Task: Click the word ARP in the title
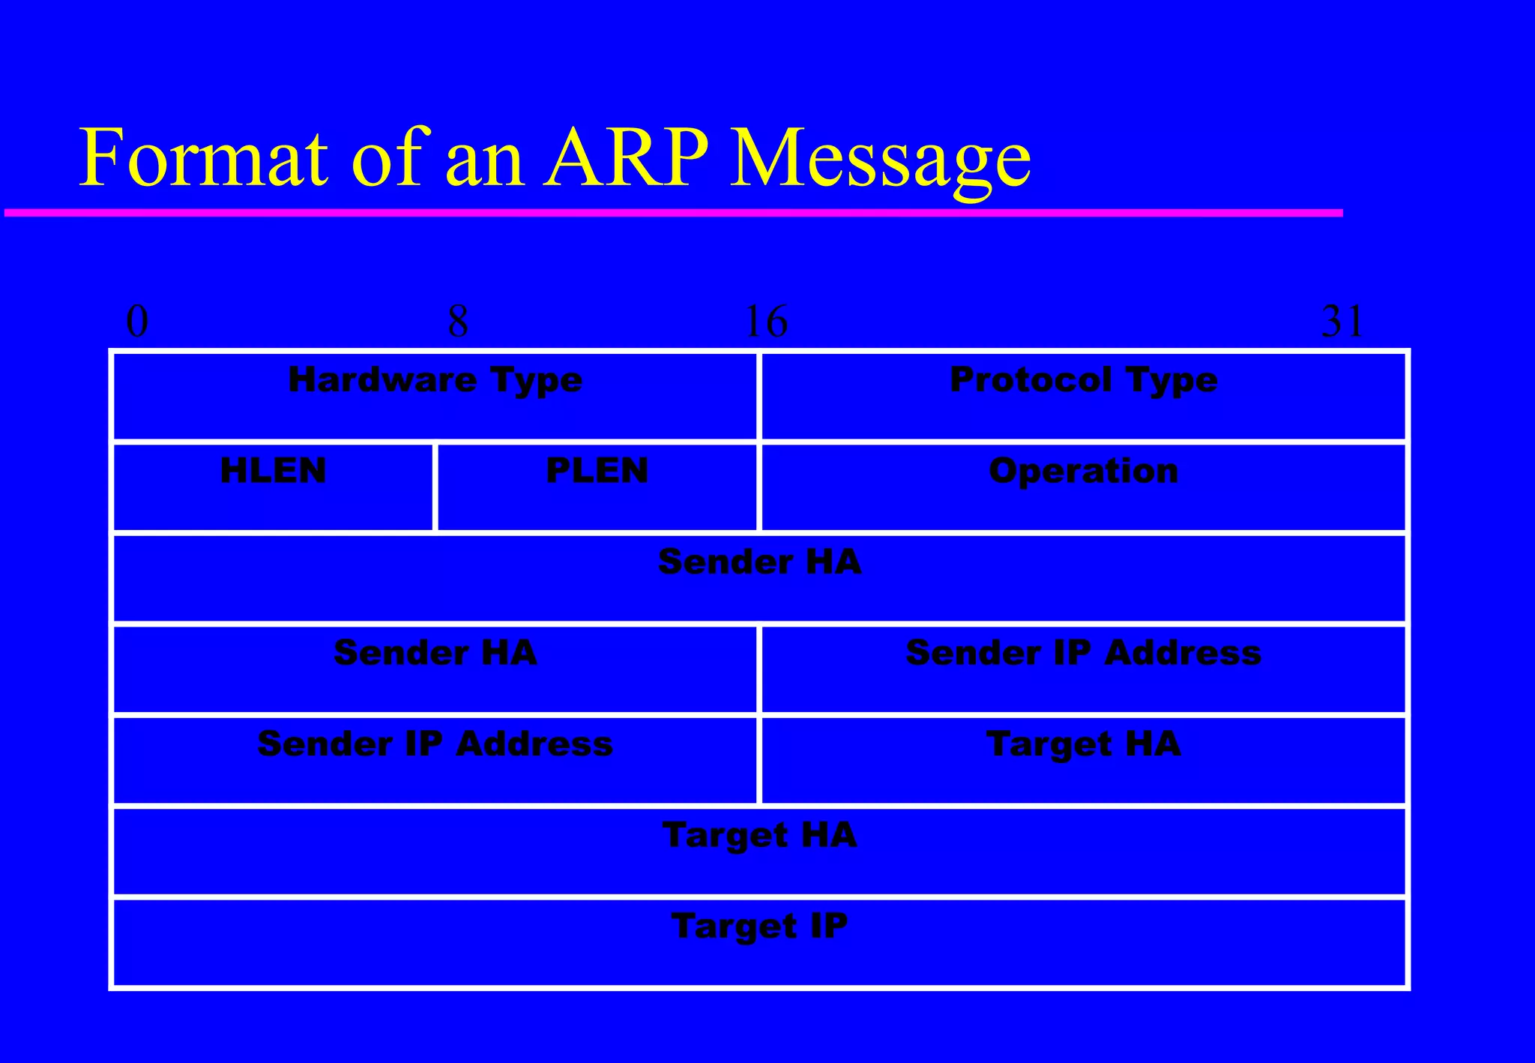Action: coord(627,158)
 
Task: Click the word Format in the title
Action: coord(202,158)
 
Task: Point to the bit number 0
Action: coord(137,322)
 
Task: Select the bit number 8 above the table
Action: coord(458,322)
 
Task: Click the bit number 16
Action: coord(766,322)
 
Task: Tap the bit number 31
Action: coord(1342,322)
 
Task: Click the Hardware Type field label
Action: coord(435,380)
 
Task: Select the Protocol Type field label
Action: coord(1083,380)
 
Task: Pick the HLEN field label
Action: coord(273,471)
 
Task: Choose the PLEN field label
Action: coord(597,471)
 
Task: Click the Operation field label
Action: coord(1083,472)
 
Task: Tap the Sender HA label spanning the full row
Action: coord(759,562)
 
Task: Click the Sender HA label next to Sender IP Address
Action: coord(435,653)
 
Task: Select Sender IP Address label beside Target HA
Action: coord(435,744)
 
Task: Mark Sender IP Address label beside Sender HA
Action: coord(1083,653)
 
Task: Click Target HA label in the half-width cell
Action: coord(1083,744)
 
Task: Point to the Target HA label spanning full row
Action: coord(759,835)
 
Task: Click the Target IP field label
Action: coord(759,927)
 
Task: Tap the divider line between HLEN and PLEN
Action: coord(435,487)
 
